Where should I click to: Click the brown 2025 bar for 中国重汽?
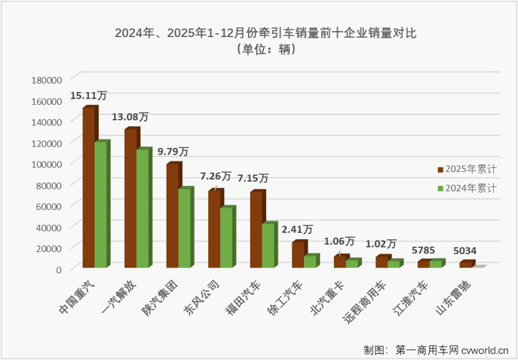(x=89, y=188)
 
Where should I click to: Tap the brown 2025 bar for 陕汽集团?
(x=173, y=216)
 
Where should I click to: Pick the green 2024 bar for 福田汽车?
(x=268, y=246)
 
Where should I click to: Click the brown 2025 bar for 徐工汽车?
(x=298, y=255)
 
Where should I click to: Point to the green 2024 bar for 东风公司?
(x=226, y=238)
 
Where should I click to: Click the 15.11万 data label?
(x=89, y=96)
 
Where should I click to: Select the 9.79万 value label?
(x=173, y=152)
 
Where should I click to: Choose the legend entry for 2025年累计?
(x=467, y=169)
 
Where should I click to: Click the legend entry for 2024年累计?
(x=467, y=189)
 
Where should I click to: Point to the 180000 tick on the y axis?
(x=47, y=79)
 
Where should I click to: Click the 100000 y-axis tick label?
(x=47, y=163)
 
